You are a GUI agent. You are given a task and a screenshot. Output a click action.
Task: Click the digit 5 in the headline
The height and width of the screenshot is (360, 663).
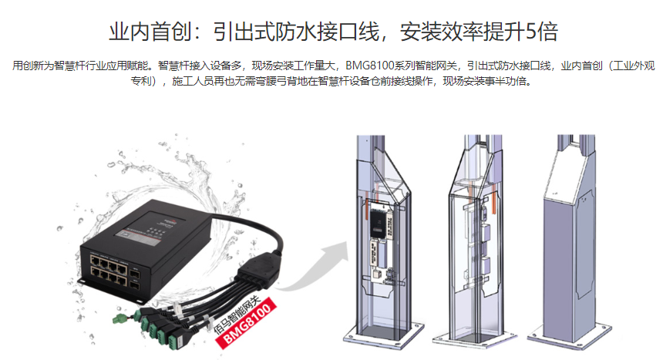pos(531,32)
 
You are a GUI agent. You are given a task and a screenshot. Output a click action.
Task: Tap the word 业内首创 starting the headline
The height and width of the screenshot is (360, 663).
pos(150,32)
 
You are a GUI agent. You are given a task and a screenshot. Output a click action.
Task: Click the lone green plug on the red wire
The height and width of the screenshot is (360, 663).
pos(119,318)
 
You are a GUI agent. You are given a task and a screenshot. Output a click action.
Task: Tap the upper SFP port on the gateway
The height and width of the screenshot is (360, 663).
pos(134,274)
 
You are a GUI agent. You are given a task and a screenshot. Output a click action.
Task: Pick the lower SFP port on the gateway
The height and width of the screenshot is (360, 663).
pos(134,285)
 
